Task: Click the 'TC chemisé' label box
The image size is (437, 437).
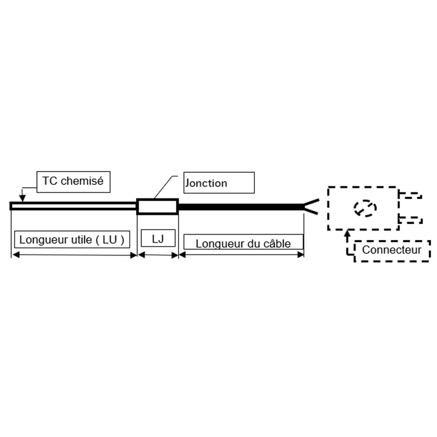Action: tap(73, 181)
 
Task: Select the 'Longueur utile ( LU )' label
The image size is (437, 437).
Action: tap(72, 239)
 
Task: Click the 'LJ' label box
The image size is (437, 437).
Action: tap(158, 239)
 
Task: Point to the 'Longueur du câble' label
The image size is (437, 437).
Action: tap(243, 243)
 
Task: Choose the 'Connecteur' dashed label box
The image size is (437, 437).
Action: tap(392, 250)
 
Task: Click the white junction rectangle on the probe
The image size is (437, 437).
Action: tap(157, 206)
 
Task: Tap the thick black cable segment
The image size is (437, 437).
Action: tap(240, 206)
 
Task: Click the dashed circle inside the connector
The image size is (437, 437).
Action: tap(365, 208)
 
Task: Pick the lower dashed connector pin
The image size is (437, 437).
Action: tap(410, 219)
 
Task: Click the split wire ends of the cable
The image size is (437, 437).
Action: tap(311, 207)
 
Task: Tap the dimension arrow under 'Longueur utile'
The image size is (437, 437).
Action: tap(74, 255)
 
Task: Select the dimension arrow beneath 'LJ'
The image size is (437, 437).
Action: tap(158, 255)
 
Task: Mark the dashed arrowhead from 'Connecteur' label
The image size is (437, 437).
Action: tap(348, 234)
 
